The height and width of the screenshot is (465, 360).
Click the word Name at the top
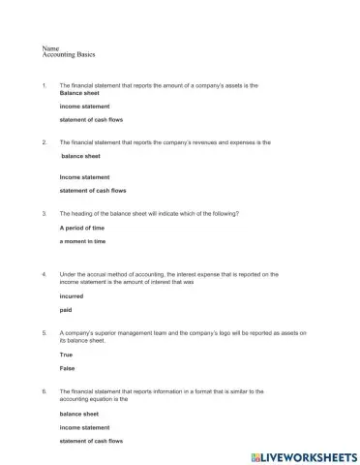click(51, 47)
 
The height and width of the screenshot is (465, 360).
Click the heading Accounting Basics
click(70, 54)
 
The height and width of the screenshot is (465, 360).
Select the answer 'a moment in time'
click(83, 241)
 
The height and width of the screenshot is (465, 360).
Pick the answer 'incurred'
click(72, 296)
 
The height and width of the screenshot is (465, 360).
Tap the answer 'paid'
click(66, 311)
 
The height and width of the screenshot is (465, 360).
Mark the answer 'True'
click(67, 355)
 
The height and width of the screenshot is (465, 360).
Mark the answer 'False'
click(67, 369)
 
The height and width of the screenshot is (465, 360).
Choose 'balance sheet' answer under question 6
click(79, 414)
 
